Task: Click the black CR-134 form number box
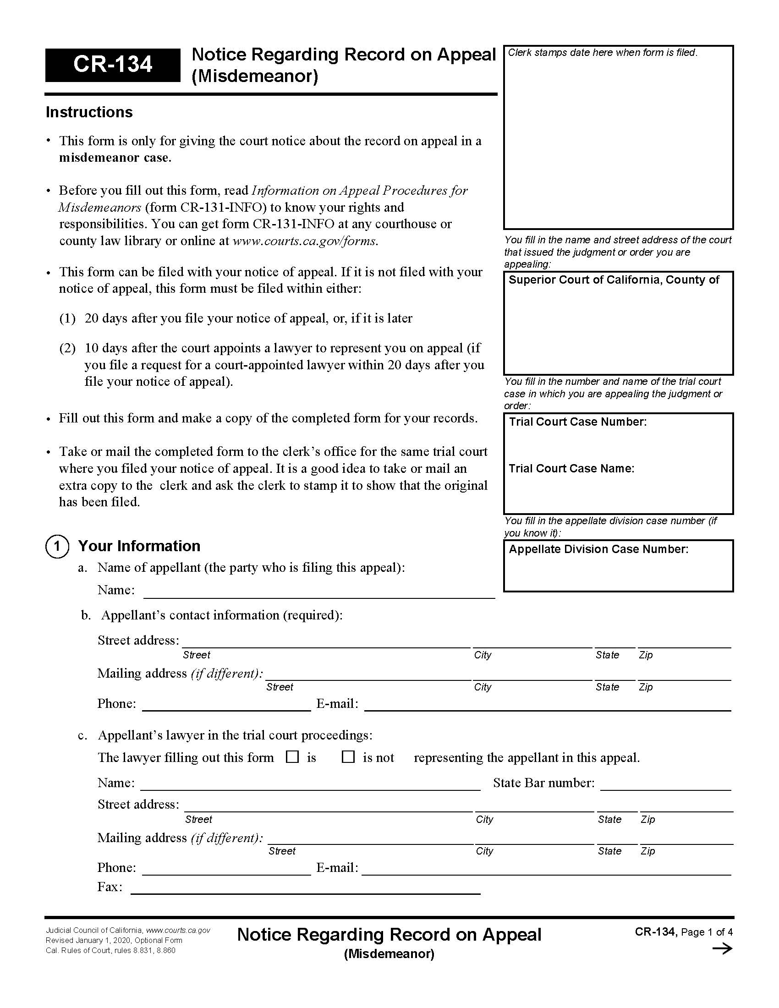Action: pos(112,65)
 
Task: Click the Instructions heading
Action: pos(89,112)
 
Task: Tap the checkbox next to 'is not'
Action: pos(347,757)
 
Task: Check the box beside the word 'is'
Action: pos(292,757)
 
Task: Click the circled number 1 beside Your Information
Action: pos(57,547)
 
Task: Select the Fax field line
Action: pos(306,887)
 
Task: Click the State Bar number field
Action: pos(665,783)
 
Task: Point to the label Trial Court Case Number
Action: pos(577,422)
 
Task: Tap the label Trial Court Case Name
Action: pos(571,468)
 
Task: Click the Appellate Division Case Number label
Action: pos(598,549)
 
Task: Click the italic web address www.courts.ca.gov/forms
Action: pos(305,241)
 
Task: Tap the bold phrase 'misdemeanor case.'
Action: pos(115,158)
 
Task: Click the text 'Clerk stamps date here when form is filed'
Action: pos(602,53)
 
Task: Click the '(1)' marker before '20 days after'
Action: pos(67,318)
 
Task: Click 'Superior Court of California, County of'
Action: pos(613,279)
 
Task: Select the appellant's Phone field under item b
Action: pos(226,705)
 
